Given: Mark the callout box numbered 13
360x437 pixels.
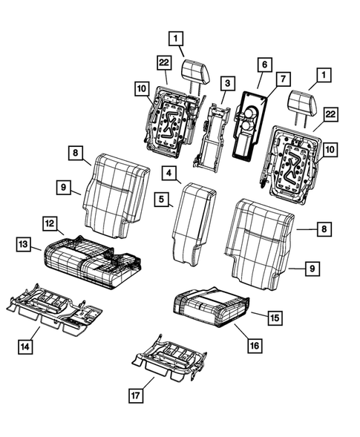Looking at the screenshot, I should click(24, 244).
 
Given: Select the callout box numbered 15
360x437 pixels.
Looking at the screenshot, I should click(274, 317).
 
